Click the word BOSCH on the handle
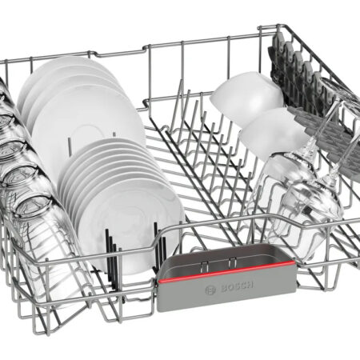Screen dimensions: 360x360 (238, 286)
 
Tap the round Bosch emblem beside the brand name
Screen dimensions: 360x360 (210, 290)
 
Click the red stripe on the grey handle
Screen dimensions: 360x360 (226, 272)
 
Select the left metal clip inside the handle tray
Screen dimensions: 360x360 (204, 266)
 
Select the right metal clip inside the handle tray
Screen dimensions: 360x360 (232, 262)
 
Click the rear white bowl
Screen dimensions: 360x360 (246, 98)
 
